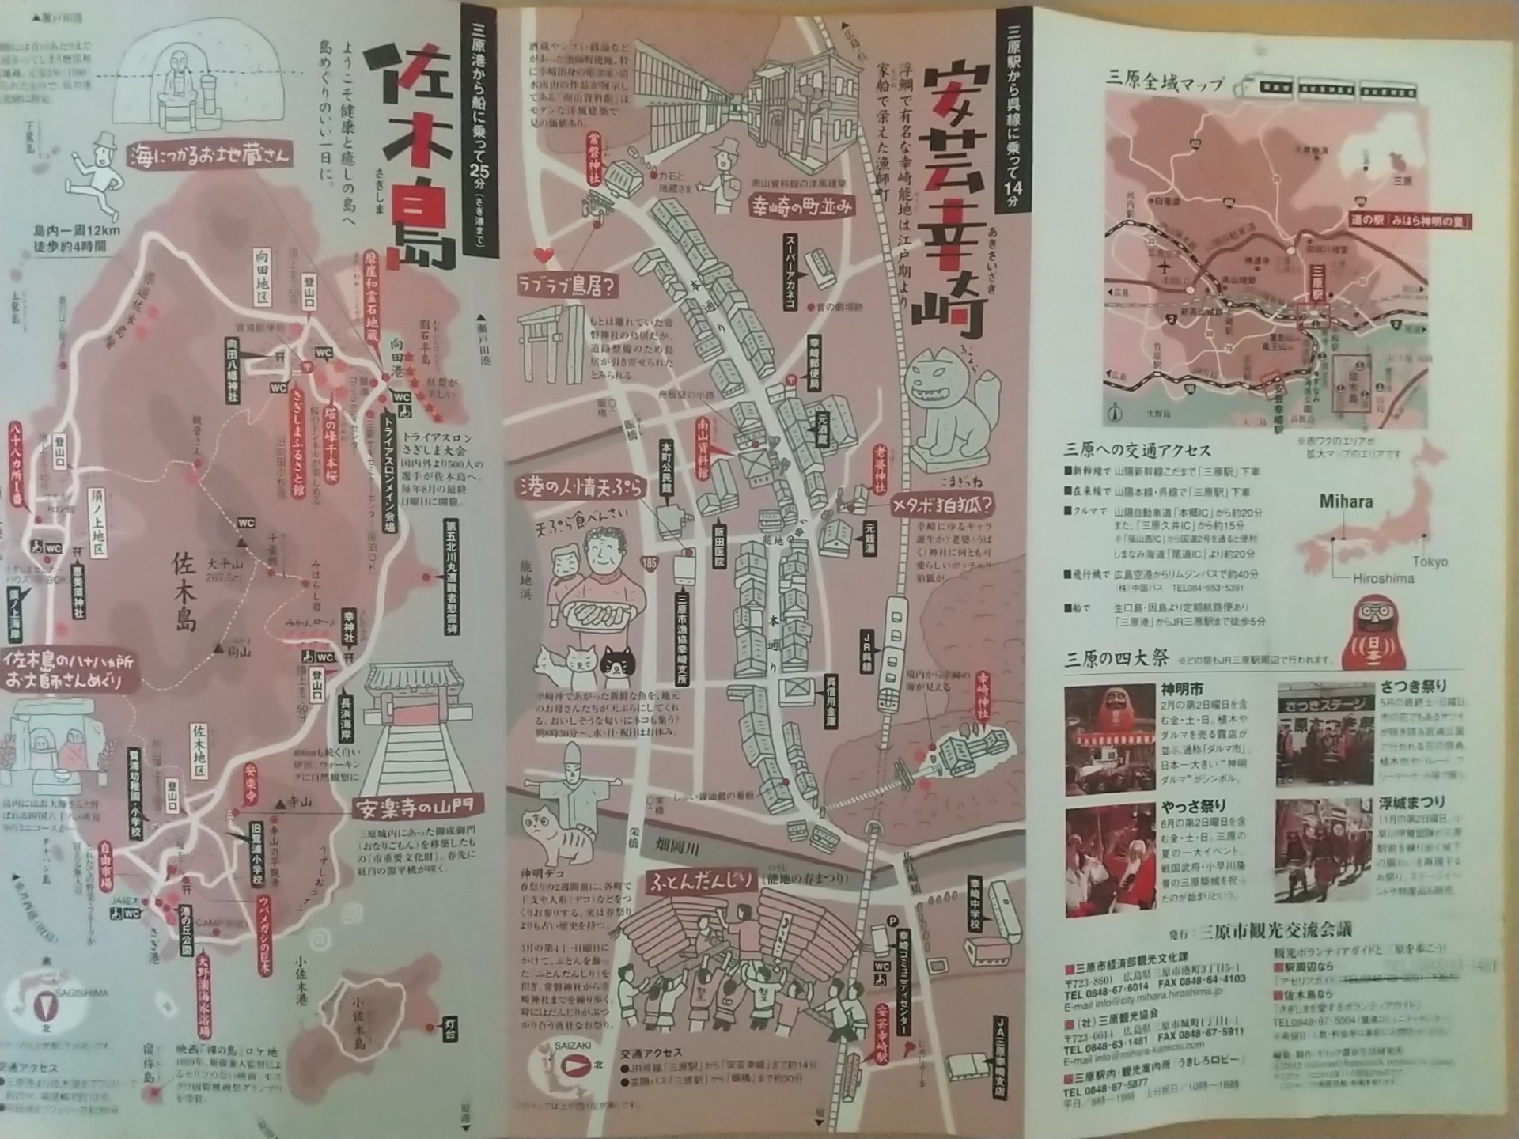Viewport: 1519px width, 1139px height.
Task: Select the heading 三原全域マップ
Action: point(1165,81)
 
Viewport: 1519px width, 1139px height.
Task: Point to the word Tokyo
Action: point(1430,562)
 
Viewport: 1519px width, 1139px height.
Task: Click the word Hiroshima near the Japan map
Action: point(1383,578)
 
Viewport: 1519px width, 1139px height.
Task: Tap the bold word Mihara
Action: point(1346,501)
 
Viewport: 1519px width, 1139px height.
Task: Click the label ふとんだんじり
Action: point(702,883)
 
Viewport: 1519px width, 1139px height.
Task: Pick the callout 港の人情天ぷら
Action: point(579,487)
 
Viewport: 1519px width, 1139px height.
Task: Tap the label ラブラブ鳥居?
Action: point(566,286)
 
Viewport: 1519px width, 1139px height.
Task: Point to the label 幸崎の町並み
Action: point(801,206)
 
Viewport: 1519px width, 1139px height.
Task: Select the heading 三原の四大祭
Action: point(1116,658)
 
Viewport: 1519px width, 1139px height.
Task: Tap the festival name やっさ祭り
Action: point(1194,805)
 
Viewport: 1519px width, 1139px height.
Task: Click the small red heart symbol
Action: point(544,255)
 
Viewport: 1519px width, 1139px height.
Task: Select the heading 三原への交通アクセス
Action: point(1137,450)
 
